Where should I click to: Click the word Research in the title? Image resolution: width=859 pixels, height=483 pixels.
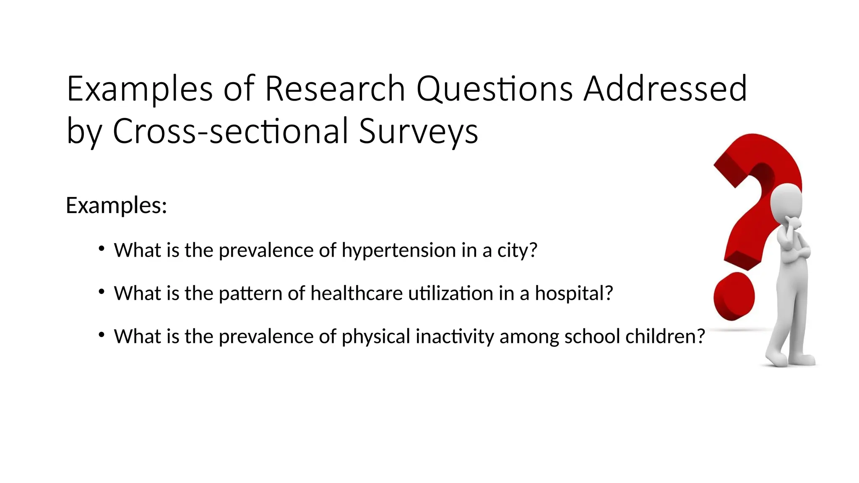(335, 89)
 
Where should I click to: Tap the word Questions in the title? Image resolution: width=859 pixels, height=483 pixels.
(494, 89)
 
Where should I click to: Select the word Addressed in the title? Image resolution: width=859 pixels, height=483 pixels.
(665, 89)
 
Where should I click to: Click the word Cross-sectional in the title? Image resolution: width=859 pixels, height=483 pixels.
(230, 132)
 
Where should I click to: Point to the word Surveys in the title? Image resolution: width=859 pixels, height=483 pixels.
(418, 132)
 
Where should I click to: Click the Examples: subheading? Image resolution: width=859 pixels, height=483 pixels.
(117, 205)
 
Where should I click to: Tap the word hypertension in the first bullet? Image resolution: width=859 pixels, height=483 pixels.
(398, 250)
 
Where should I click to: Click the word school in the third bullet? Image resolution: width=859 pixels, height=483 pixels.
(592, 336)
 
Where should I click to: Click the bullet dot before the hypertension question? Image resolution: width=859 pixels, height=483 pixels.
(101, 249)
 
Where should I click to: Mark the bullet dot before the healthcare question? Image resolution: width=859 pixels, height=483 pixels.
(101, 292)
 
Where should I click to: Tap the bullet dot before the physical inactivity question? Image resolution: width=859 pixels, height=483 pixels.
(101, 335)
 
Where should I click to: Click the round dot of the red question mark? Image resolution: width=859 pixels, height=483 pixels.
(734, 296)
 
